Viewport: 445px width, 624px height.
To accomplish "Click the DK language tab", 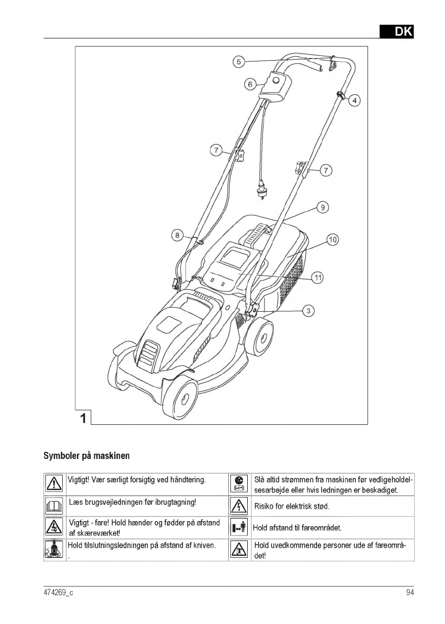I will tap(397, 32).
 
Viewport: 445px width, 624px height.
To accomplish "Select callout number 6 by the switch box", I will tap(250, 84).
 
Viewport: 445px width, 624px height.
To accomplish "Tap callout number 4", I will tap(354, 100).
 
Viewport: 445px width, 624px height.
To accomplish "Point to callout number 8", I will tap(177, 235).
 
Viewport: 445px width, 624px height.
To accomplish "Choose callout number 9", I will tap(322, 207).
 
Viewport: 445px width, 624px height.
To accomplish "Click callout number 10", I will tap(333, 239).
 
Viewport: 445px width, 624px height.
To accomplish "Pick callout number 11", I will tap(318, 278).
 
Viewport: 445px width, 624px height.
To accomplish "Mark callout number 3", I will tap(308, 310).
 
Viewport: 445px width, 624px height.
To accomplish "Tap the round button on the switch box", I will tap(276, 80).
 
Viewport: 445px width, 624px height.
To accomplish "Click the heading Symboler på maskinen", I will tap(86, 455).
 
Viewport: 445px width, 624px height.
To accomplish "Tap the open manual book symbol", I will tap(54, 506).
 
